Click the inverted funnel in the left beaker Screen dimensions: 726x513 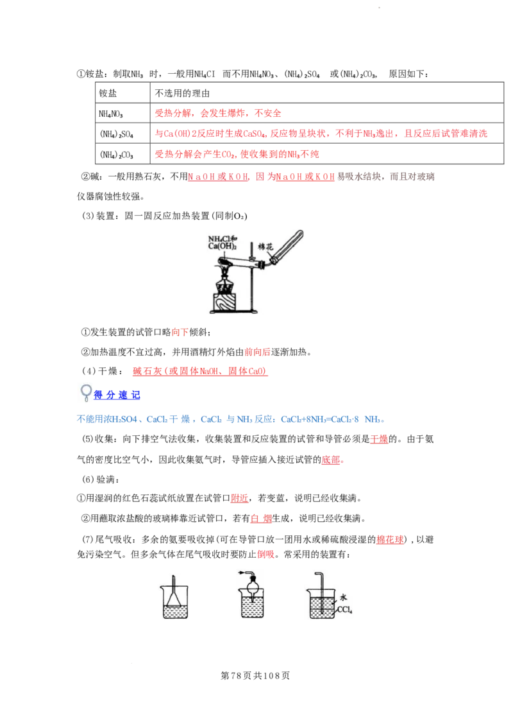point(171,601)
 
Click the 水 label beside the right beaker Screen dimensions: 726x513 point(343,596)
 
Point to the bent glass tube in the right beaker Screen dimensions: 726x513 point(321,587)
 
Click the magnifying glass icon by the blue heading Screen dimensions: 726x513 point(86,392)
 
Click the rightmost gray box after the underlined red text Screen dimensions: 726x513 point(412,177)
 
